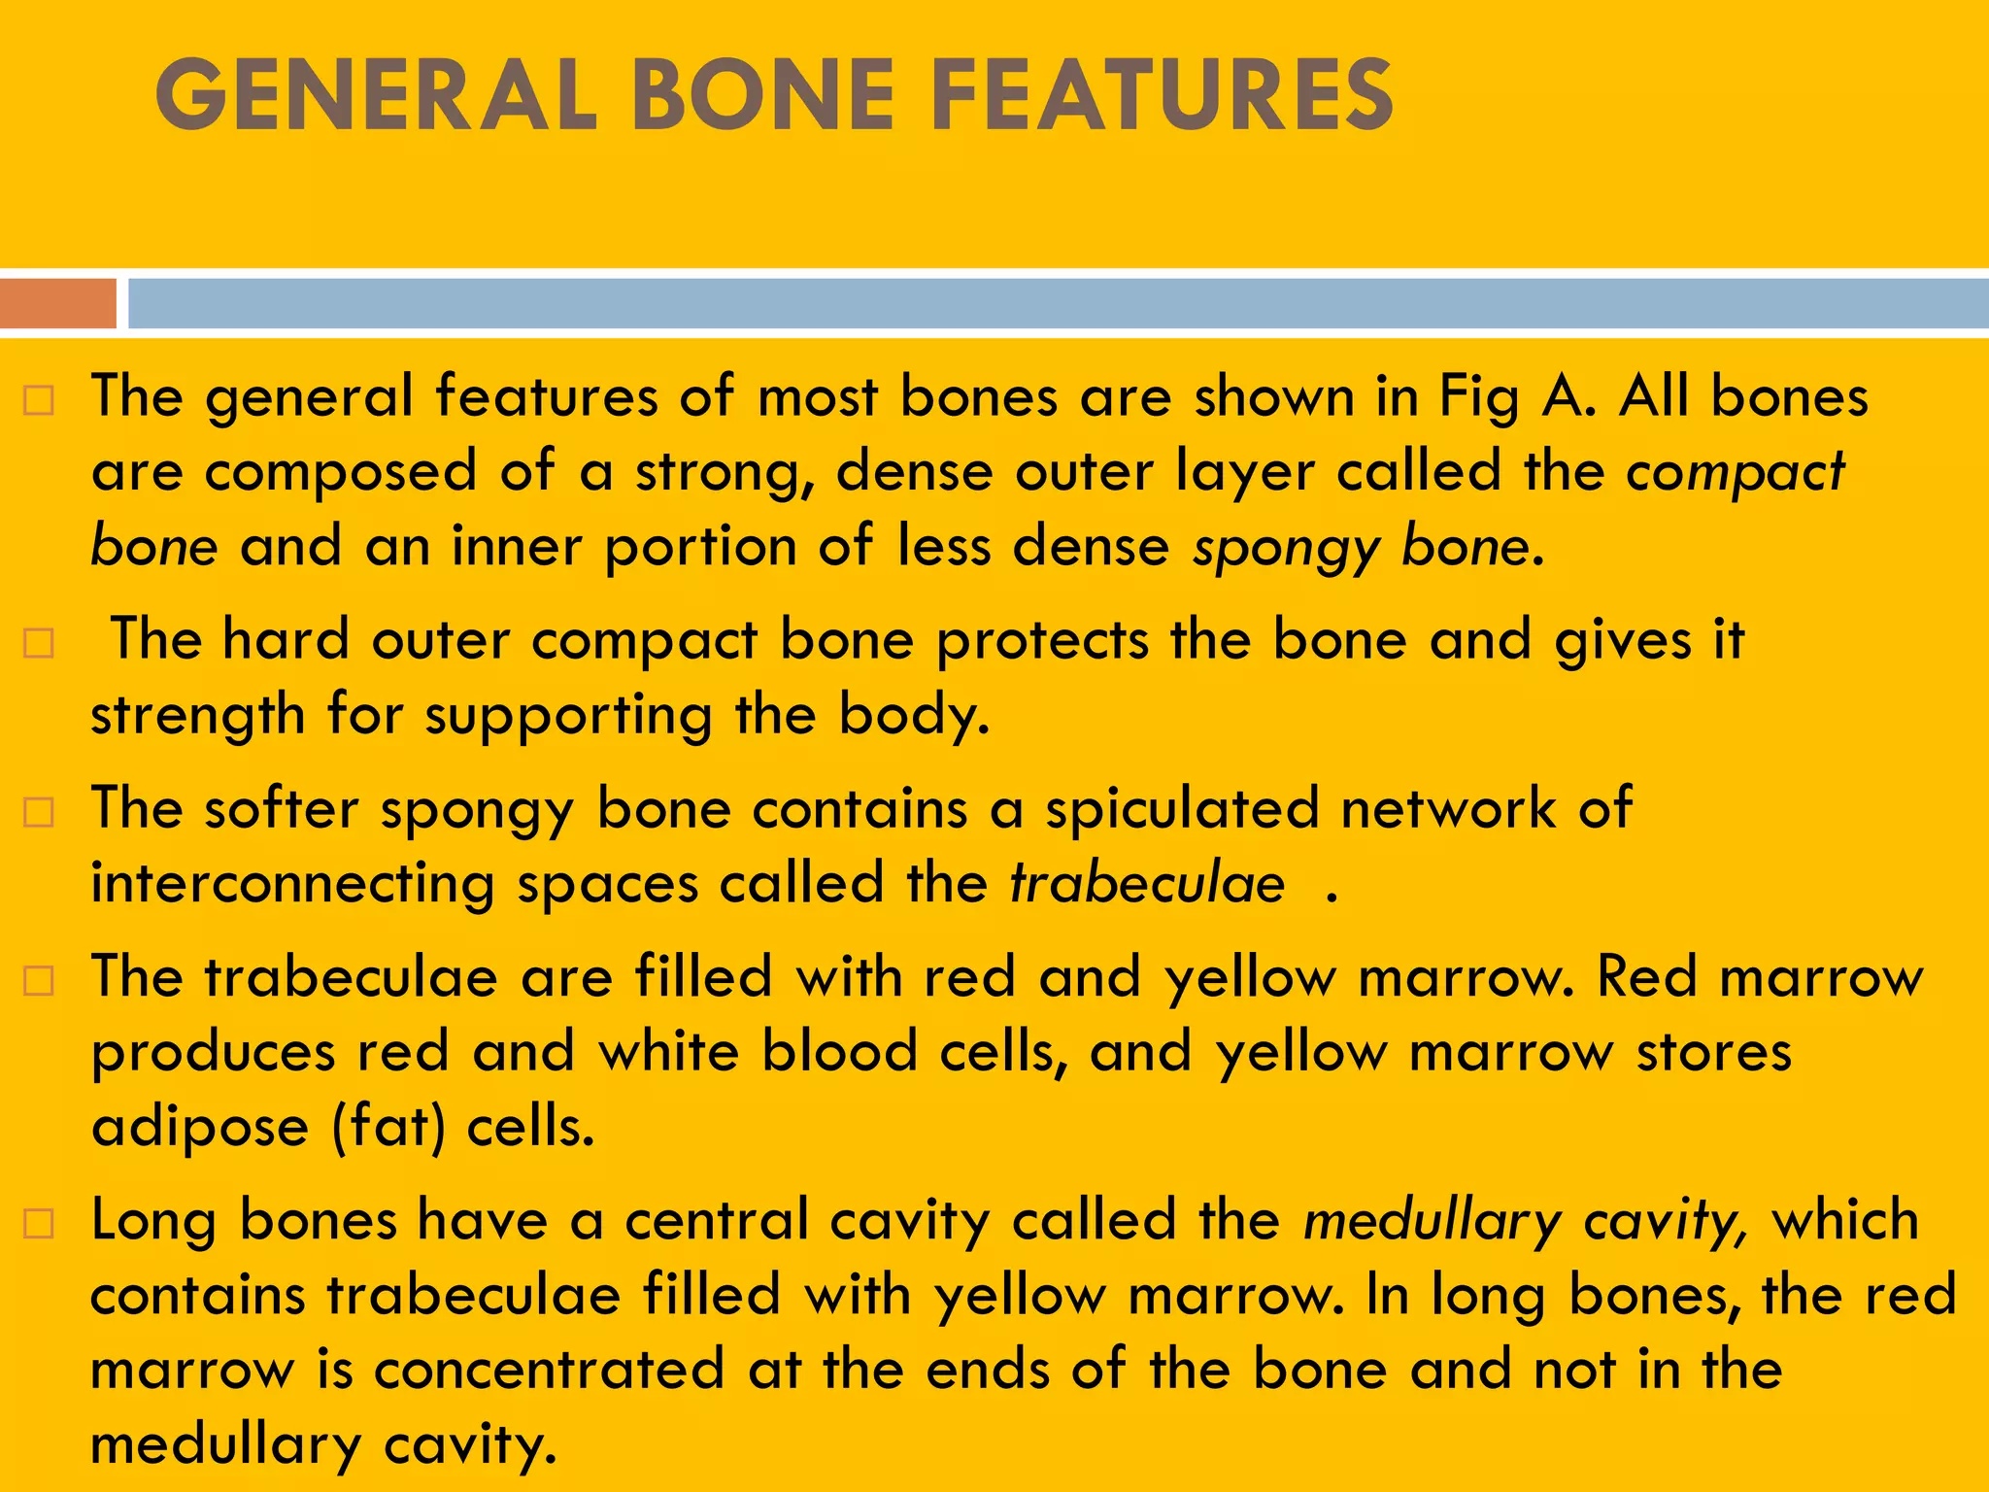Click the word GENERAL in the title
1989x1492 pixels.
click(x=376, y=94)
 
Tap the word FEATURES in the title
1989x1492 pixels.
click(x=1161, y=94)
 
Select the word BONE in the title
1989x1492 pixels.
click(x=762, y=94)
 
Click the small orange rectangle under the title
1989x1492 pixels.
click(x=58, y=304)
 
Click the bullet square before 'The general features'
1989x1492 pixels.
click(x=38, y=400)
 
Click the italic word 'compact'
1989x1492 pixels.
click(x=1735, y=473)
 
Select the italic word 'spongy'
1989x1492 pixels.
click(x=1286, y=548)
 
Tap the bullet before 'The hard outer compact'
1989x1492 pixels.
click(x=38, y=643)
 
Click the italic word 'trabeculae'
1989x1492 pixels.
click(x=1147, y=884)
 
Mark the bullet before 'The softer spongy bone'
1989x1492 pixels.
click(x=38, y=811)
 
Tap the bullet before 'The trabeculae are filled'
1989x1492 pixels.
click(x=38, y=980)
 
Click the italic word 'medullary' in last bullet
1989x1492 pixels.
click(x=1432, y=1222)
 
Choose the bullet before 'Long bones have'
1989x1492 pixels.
click(x=38, y=1223)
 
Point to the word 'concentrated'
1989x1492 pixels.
click(x=549, y=1370)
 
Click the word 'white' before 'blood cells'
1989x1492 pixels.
click(x=668, y=1052)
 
